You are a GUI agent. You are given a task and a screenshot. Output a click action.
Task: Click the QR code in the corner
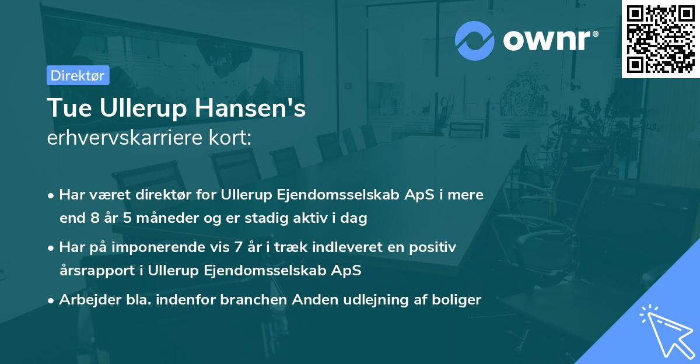coord(660,39)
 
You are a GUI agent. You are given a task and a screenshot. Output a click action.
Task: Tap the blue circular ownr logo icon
coord(474,41)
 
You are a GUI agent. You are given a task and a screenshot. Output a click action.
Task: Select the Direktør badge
coord(77,75)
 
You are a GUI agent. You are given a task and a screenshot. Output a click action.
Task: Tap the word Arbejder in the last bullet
coord(83,300)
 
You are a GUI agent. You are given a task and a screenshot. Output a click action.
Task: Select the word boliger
coord(458,300)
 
